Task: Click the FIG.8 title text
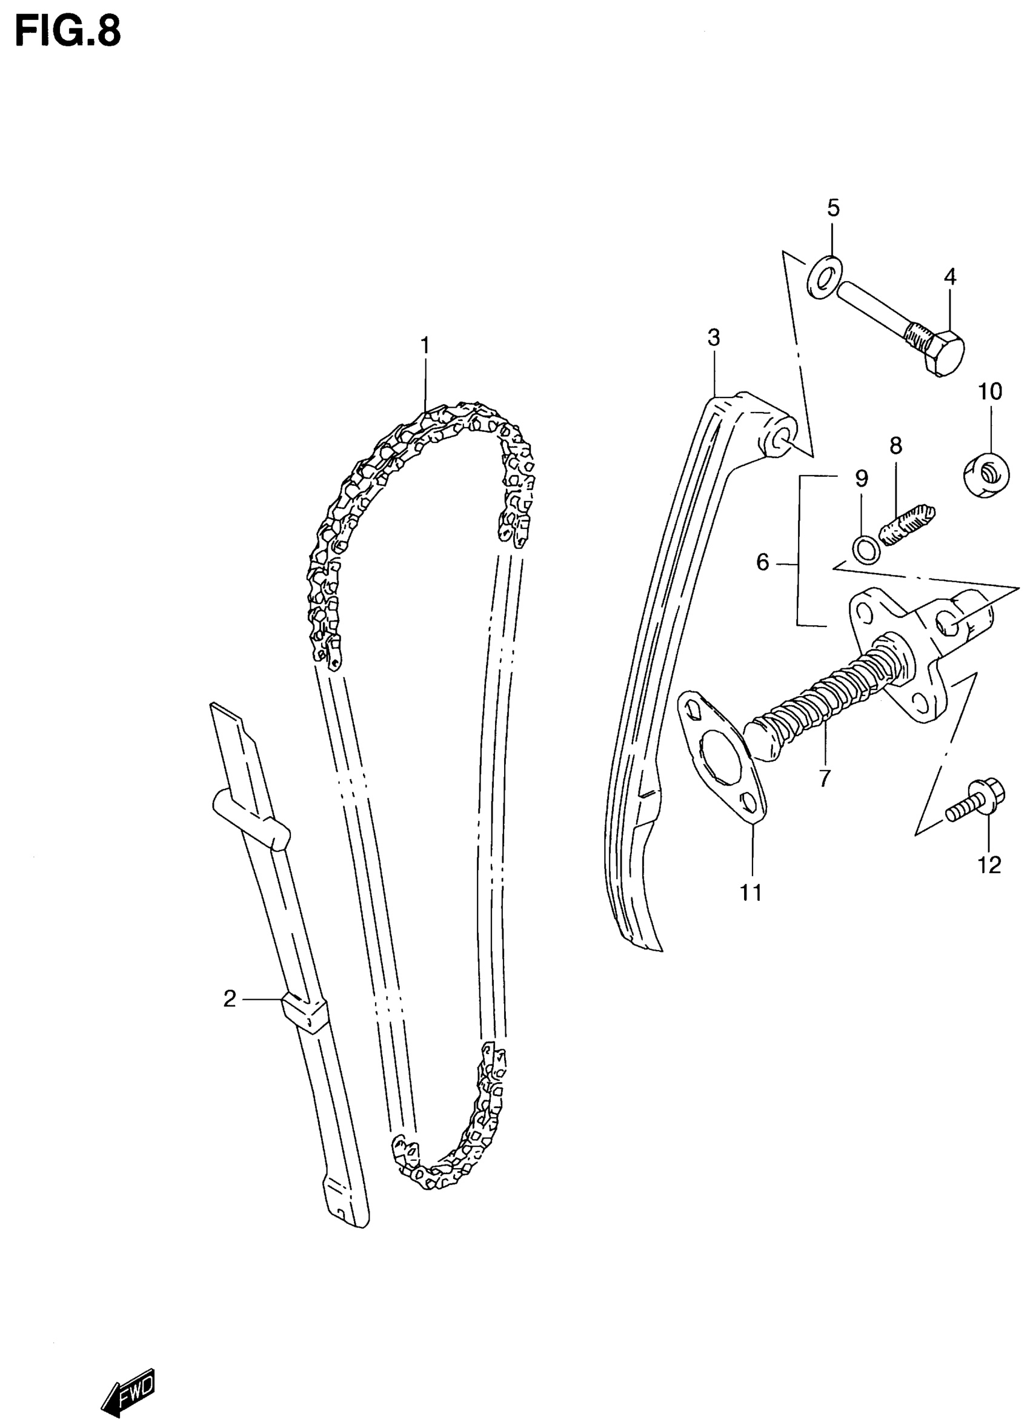[x=68, y=32]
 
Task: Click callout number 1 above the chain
[x=425, y=345]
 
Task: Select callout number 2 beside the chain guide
[x=230, y=998]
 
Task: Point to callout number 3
[x=713, y=338]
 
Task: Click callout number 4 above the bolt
[x=950, y=276]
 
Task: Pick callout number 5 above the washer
[x=832, y=207]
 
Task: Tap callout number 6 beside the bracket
[x=763, y=562]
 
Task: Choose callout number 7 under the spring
[x=825, y=779]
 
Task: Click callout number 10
[x=990, y=391]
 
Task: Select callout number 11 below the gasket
[x=751, y=893]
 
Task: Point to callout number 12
[x=990, y=866]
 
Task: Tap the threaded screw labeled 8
[x=908, y=525]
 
